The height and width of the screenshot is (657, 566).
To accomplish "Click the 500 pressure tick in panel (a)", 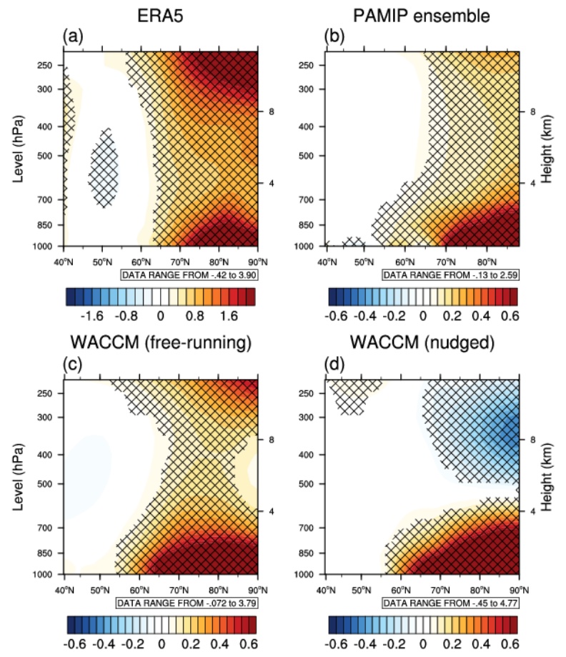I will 49,156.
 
